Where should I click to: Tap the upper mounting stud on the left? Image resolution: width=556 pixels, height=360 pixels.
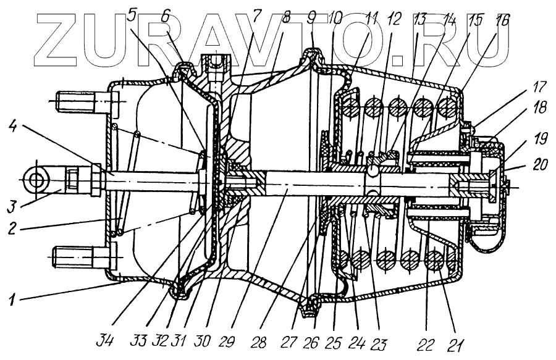74,99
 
